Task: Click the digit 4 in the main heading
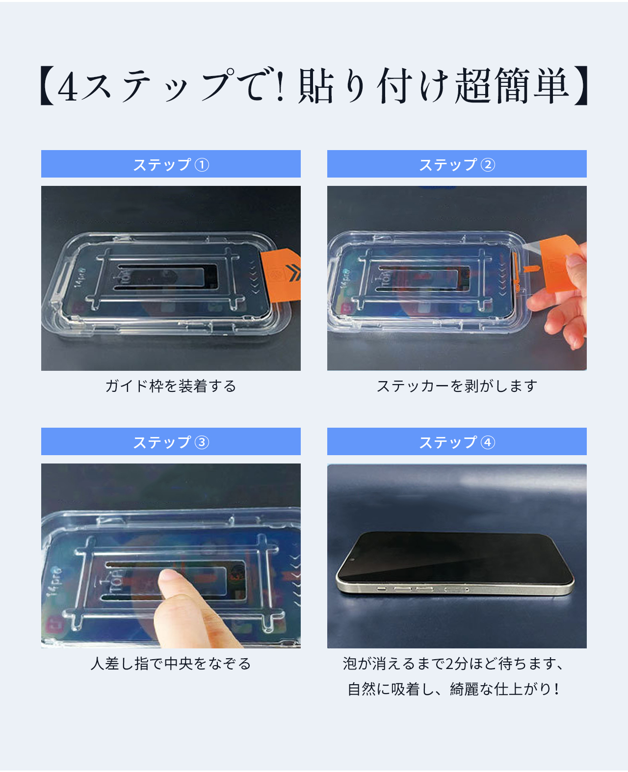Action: click(68, 86)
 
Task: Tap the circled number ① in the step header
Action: click(202, 164)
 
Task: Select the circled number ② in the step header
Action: click(488, 164)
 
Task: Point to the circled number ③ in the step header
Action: click(202, 442)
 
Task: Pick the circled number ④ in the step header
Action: click(488, 442)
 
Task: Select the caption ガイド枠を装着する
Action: click(171, 386)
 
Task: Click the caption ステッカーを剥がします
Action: click(457, 386)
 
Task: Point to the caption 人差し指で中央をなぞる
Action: click(171, 664)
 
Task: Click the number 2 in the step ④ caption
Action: click(449, 664)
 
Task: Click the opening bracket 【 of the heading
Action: click(47, 85)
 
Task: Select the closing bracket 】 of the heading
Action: click(581, 85)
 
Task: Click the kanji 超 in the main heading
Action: click(472, 86)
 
